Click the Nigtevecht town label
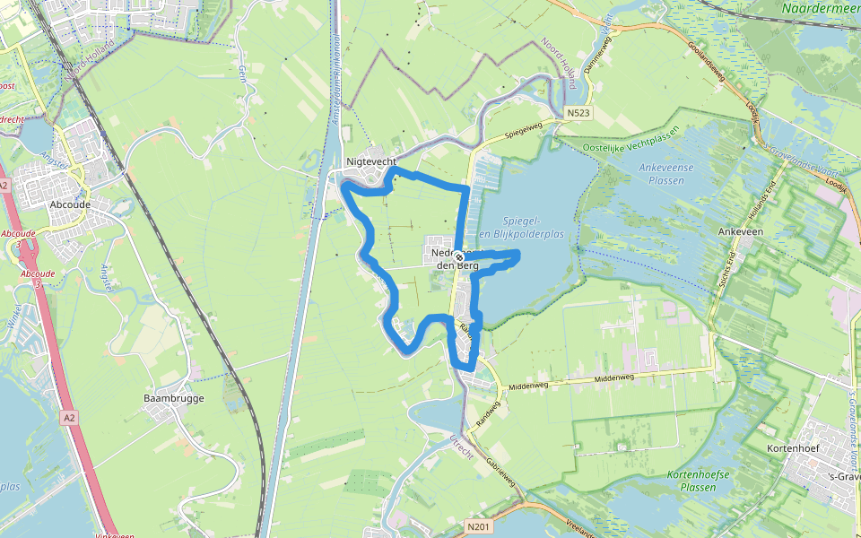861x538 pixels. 371,162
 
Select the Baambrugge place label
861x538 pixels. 174,398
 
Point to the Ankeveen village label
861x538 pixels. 739,230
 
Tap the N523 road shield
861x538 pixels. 578,114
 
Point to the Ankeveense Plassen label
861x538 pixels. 674,173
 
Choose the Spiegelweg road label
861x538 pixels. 524,131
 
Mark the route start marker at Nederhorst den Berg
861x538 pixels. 458,255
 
